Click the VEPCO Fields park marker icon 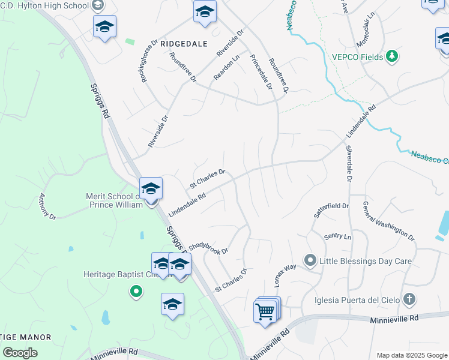392,56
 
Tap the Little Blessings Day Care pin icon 310,260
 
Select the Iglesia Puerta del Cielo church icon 409,299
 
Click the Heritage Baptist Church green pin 136,292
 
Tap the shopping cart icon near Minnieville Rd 265,311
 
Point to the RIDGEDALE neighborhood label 183,44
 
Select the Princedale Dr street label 261,72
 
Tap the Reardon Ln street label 227,68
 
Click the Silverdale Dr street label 349,163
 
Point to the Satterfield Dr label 331,209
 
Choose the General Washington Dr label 388,221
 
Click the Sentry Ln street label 337,236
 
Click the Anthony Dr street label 47,206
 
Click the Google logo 20,353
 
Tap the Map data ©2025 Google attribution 411,355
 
